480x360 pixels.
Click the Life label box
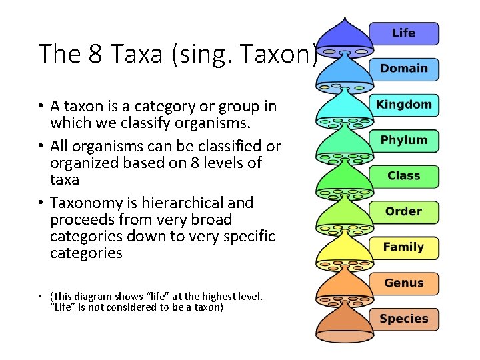coord(404,33)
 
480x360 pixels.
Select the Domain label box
coord(404,69)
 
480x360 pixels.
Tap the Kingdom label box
coord(404,105)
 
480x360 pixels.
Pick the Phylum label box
coord(404,141)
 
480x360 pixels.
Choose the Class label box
coord(404,176)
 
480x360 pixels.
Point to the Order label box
coord(404,212)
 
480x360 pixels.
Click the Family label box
coord(404,247)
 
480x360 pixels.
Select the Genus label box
coord(404,283)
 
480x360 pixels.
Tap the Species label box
coord(404,319)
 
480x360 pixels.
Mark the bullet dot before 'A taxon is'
coord(41,107)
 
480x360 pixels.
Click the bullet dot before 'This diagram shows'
coord(41,296)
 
